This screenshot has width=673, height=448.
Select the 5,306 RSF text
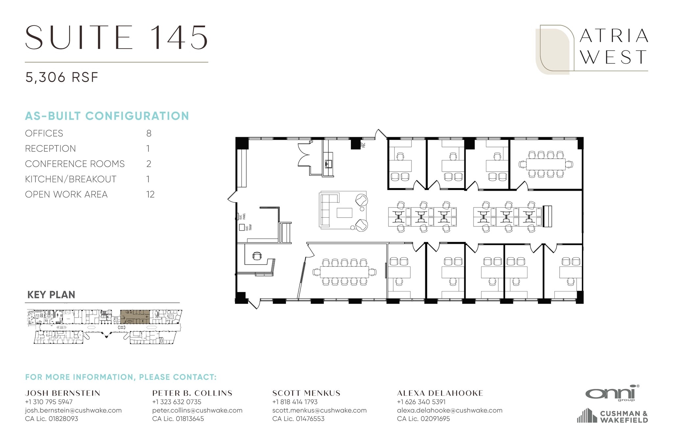point(62,77)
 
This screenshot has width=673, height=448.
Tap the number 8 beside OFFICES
point(149,133)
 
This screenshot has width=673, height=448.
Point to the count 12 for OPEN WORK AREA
point(150,194)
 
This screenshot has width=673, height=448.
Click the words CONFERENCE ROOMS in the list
point(75,164)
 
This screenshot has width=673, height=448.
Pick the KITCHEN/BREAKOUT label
point(71,179)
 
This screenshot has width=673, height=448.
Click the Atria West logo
point(592,49)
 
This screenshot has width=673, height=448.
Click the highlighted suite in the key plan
point(135,317)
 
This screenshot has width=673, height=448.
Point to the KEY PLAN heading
point(51,295)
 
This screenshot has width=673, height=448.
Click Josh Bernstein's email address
point(73,410)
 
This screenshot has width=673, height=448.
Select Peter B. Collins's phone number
point(176,402)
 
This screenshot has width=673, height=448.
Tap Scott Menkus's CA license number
point(298,419)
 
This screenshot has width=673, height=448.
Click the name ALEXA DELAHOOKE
point(440,393)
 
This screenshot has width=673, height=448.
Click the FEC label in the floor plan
point(363,145)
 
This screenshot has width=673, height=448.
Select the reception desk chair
point(257,256)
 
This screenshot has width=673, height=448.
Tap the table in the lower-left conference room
point(344,272)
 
